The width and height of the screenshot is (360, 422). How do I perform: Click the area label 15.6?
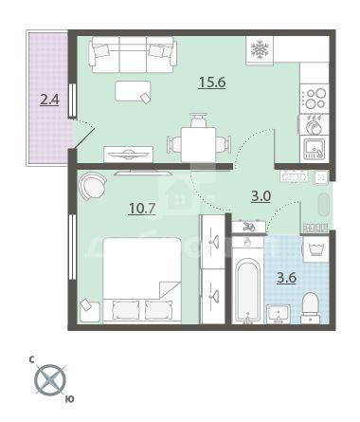pyautogui.click(x=212, y=83)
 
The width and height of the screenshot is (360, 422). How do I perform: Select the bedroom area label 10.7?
pyautogui.click(x=142, y=209)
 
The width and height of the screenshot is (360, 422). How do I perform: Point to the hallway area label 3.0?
pyautogui.click(x=261, y=196)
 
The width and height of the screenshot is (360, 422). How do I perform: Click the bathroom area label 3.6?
pyautogui.click(x=286, y=278)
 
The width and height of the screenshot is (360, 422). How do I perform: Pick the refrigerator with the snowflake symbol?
pyautogui.click(x=260, y=50)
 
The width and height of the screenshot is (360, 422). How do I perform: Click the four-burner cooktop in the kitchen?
pyautogui.click(x=315, y=99)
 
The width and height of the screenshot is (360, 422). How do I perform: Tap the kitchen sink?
pyautogui.click(x=315, y=149)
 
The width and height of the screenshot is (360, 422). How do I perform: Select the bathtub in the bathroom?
pyautogui.click(x=248, y=289)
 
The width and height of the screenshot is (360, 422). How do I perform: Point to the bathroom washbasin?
pyautogui.click(x=279, y=314)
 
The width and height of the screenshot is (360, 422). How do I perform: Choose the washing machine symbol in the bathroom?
pyautogui.click(x=316, y=249)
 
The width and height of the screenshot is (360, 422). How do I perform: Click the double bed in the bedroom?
pyautogui.click(x=142, y=281)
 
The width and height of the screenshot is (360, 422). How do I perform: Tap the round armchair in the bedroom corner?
pyautogui.click(x=92, y=187)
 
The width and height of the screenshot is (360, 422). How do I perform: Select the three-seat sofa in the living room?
pyautogui.click(x=133, y=55)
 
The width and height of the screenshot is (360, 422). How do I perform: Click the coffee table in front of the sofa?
pyautogui.click(x=133, y=91)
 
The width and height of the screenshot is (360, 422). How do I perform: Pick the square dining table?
pyautogui.click(x=199, y=145)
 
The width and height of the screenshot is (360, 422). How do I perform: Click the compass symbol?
pyautogui.click(x=50, y=380)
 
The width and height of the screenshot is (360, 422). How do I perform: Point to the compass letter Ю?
pyautogui.click(x=70, y=399)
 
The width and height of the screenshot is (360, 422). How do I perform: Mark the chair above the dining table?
pyautogui.click(x=198, y=120)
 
